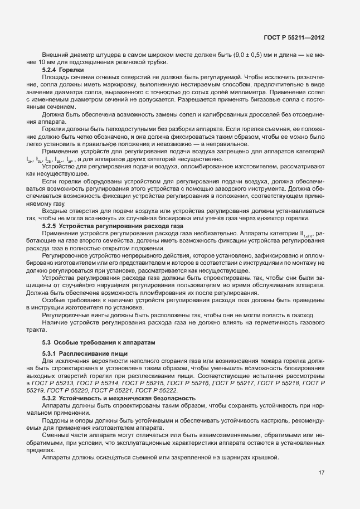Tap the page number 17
(322, 473)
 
